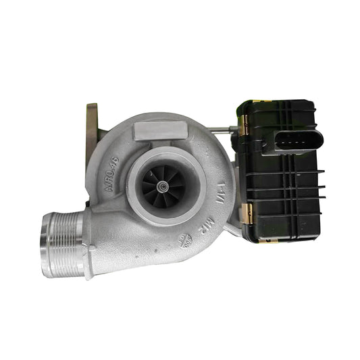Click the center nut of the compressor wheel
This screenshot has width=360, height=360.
(x=163, y=184)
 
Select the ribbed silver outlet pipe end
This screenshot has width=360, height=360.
(x=63, y=244)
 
